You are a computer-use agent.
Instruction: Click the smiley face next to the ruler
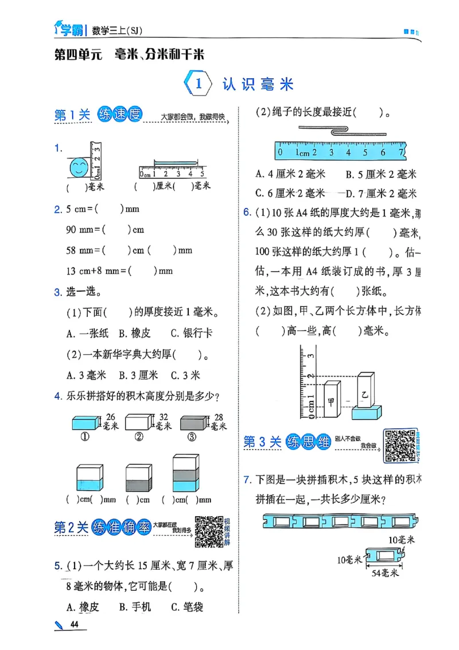click(79, 168)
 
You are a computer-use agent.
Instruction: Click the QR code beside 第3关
click(399, 445)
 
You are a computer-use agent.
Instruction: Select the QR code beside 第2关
click(209, 531)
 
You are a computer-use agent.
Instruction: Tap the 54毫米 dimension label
click(384, 572)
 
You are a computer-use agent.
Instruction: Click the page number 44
click(73, 624)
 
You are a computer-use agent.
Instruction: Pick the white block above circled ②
click(138, 423)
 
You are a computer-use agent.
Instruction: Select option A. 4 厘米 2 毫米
click(290, 174)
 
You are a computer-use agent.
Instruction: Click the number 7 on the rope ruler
click(400, 152)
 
